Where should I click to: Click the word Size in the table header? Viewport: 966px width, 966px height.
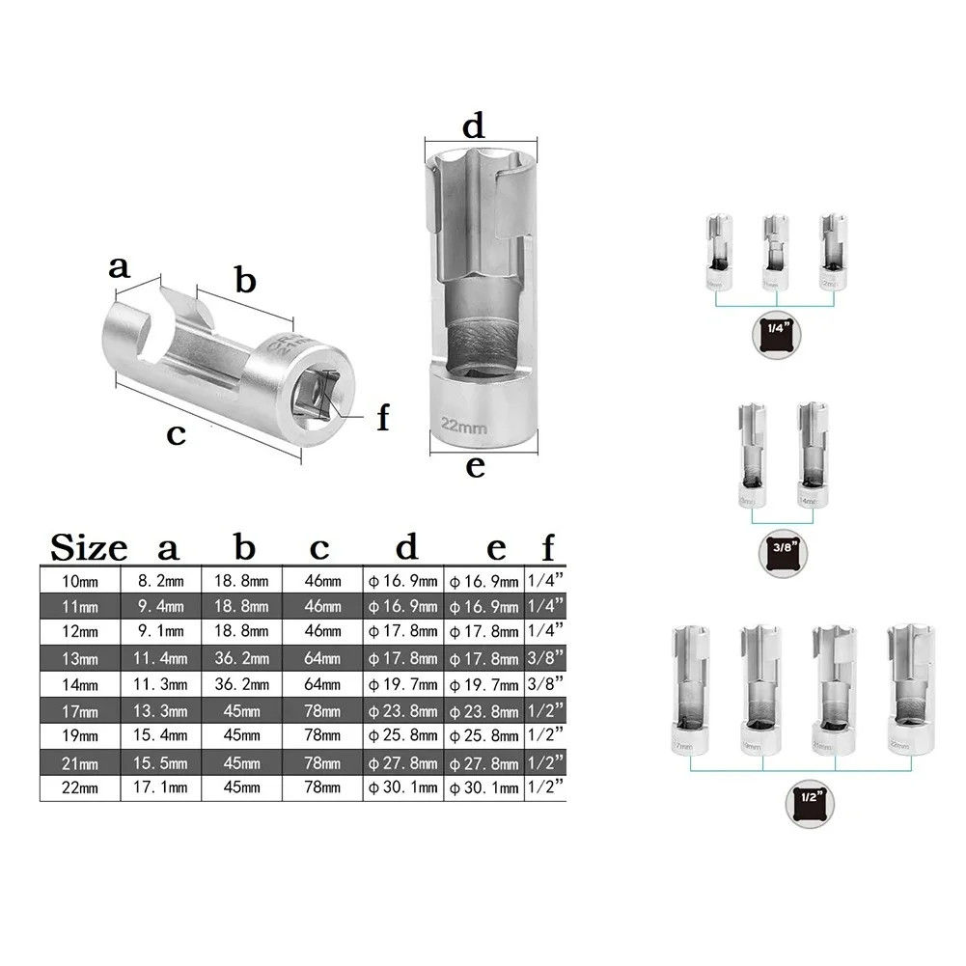point(89,548)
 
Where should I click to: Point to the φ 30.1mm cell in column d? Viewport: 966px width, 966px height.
point(403,787)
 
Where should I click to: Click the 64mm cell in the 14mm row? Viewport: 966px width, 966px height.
point(322,684)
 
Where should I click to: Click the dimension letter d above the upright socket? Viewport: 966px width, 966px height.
point(473,125)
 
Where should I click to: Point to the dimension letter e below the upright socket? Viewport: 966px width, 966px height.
point(475,468)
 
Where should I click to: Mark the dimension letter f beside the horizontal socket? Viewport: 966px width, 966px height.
point(383,417)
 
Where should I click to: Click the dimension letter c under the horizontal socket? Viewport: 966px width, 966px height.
point(175,434)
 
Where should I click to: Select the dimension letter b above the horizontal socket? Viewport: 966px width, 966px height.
point(245,281)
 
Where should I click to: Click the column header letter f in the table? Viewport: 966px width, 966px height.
point(547,548)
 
